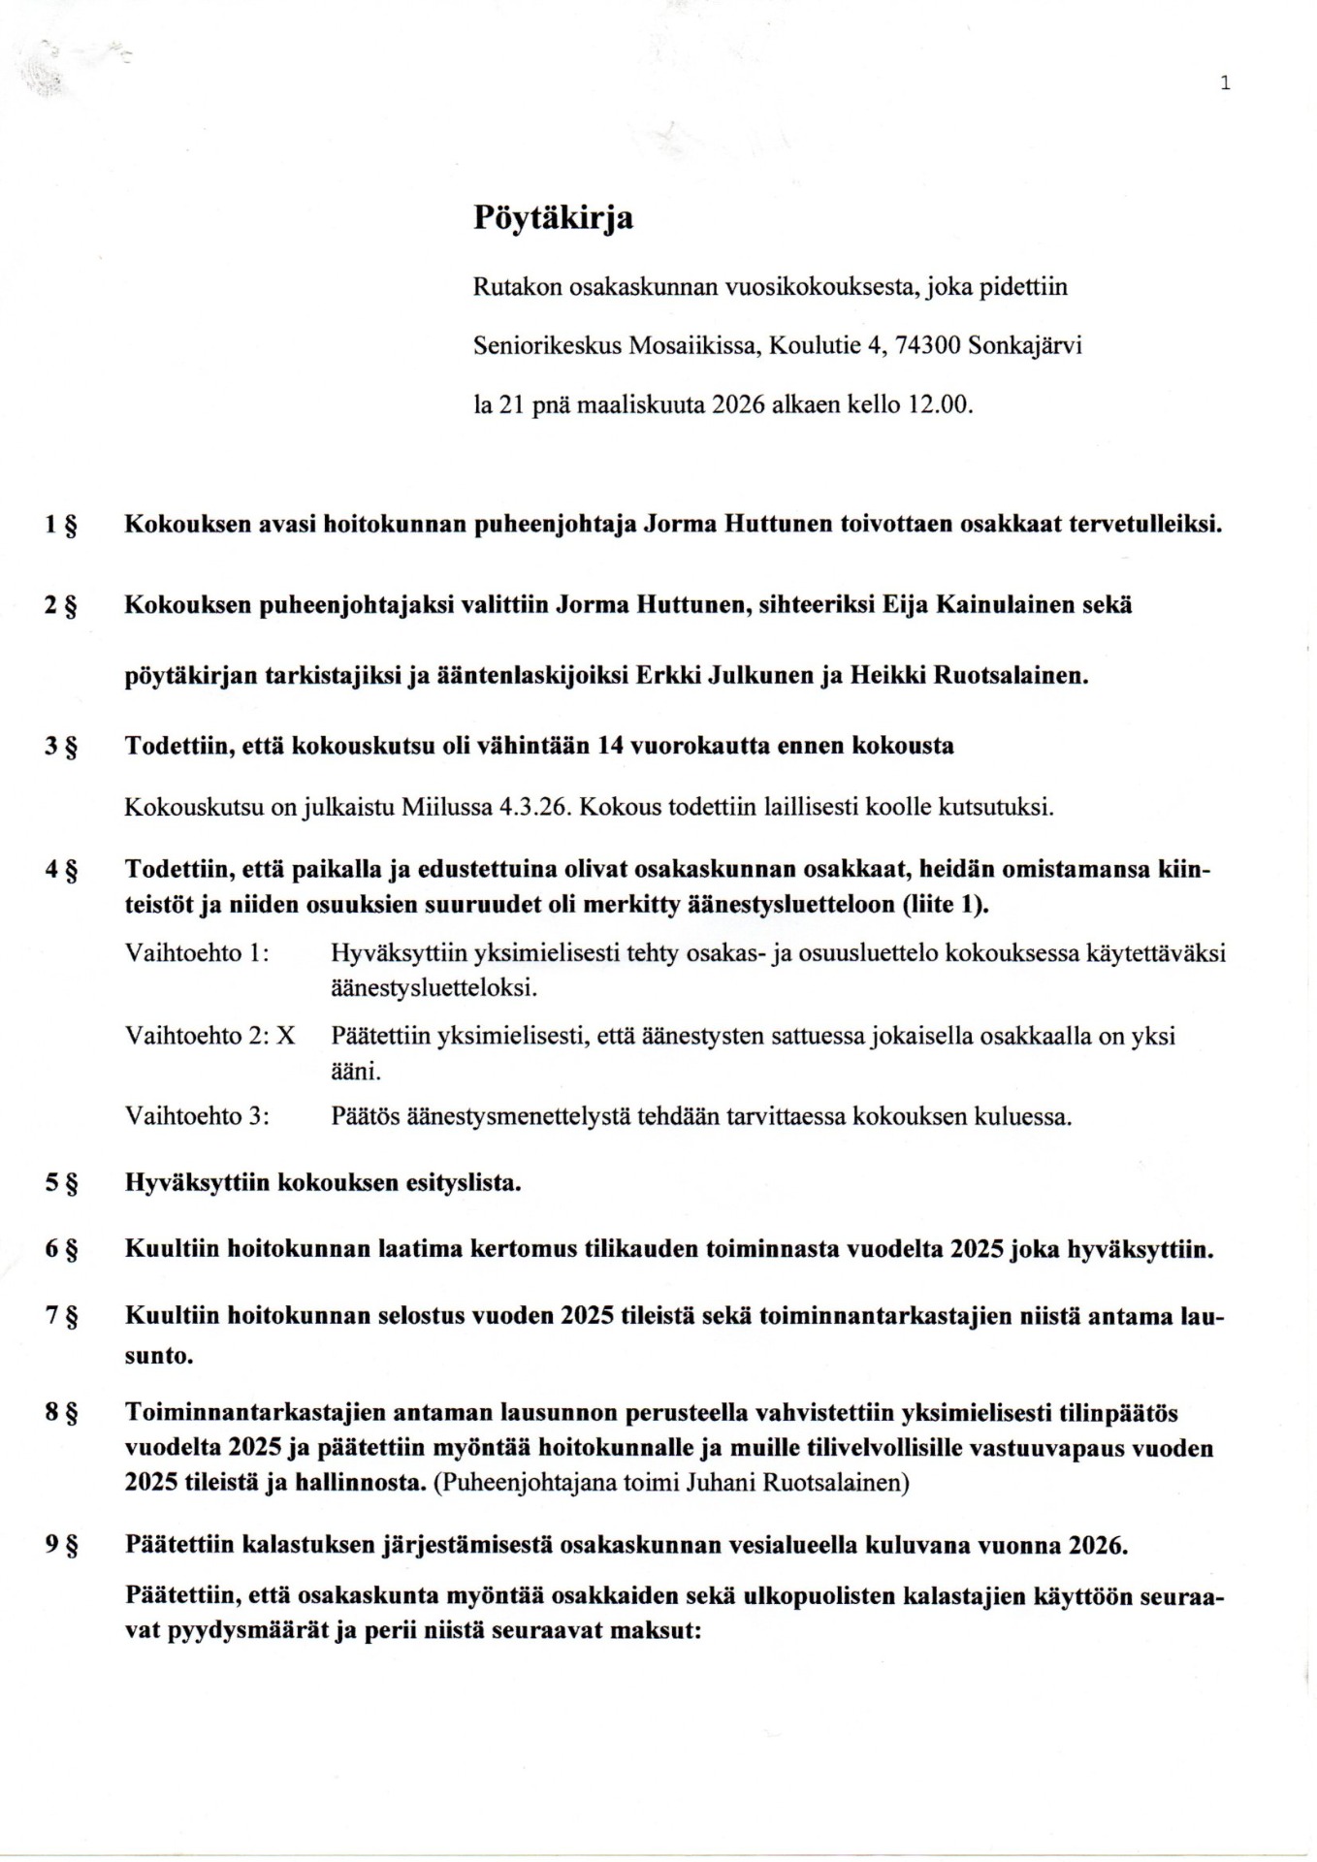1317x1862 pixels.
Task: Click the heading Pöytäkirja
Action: (x=553, y=217)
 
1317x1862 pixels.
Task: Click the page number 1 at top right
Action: (x=1225, y=83)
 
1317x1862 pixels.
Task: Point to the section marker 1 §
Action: (x=61, y=526)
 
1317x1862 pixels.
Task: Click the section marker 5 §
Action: (x=61, y=1184)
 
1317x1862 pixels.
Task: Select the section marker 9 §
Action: (x=61, y=1545)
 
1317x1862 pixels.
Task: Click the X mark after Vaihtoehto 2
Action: (x=285, y=1036)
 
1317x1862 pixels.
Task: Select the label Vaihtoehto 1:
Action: (x=197, y=953)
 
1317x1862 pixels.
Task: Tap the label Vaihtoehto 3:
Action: (x=197, y=1116)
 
